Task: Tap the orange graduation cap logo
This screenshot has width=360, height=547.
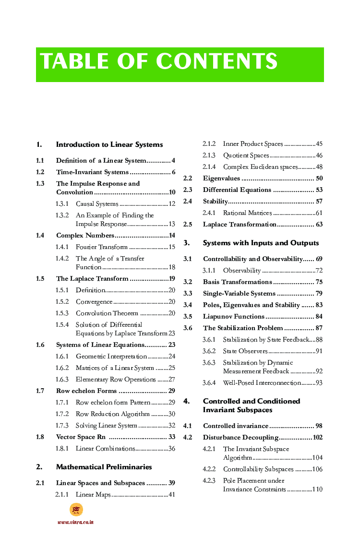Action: [76, 510]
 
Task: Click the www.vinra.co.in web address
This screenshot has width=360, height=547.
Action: [75, 522]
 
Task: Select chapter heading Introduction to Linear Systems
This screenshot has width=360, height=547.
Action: [109, 144]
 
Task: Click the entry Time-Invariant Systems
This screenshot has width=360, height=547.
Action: [92, 172]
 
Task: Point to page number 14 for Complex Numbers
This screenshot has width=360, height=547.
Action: [172, 236]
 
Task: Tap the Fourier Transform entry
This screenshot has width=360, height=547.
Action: [102, 247]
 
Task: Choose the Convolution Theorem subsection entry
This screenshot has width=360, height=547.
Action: [107, 313]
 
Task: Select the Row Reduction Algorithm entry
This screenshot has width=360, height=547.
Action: [113, 414]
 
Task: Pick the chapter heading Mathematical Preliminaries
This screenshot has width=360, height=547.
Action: [104, 467]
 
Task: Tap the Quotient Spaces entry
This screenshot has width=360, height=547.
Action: [246, 155]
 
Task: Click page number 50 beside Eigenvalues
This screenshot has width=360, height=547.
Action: [319, 178]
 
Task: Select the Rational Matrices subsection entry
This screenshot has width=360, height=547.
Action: [247, 213]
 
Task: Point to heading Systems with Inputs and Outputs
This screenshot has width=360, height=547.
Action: [261, 243]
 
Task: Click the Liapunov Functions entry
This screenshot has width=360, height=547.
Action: [234, 317]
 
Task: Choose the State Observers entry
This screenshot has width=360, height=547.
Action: [245, 351]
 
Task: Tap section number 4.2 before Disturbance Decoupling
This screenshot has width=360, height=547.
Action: [188, 438]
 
